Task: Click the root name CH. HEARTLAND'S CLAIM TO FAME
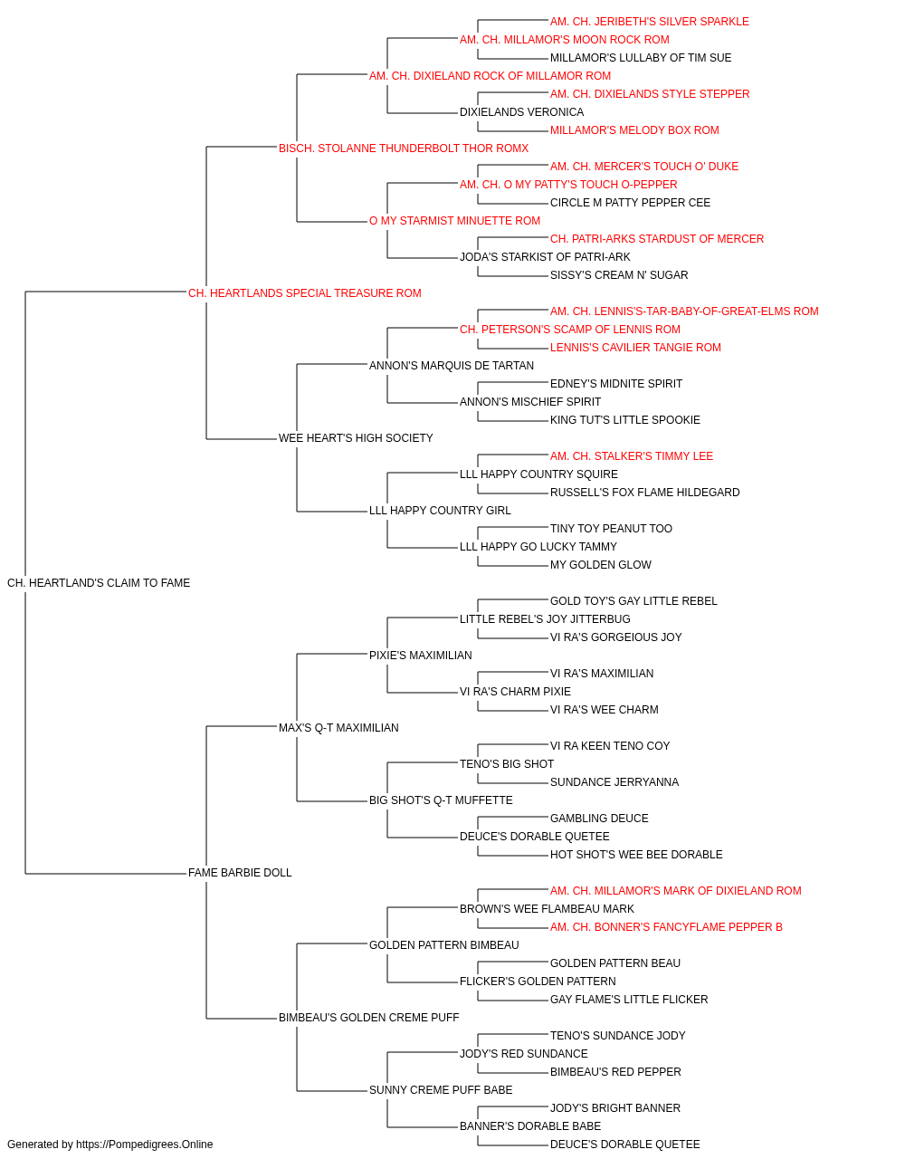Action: [99, 583]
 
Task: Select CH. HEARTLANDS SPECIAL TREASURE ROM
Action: [304, 293]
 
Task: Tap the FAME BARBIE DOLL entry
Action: [240, 873]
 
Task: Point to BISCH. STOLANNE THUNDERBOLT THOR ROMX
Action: [404, 148]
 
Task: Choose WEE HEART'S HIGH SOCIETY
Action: [356, 438]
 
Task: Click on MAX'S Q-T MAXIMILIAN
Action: [338, 728]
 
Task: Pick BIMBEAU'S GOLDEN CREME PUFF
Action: [369, 1018]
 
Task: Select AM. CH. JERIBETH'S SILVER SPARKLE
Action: [649, 22]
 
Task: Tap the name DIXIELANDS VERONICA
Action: [522, 112]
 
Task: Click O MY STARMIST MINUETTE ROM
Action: [454, 221]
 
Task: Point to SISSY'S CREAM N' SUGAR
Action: [619, 275]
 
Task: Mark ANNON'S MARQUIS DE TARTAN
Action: [452, 366]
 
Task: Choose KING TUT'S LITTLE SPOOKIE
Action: [625, 420]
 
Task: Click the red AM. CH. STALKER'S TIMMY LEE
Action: [632, 456]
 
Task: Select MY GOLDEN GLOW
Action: [601, 565]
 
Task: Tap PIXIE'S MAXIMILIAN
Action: [421, 656]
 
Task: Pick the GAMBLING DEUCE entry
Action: [599, 819]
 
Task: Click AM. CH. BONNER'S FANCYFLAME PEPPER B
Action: [666, 927]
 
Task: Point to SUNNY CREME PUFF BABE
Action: [441, 1090]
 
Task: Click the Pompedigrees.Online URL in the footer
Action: [145, 1145]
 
